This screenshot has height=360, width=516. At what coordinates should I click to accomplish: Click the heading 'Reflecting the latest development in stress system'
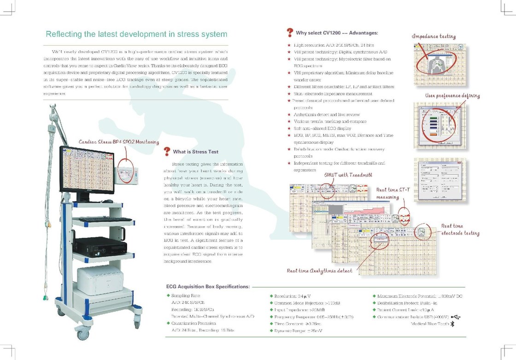point(136,35)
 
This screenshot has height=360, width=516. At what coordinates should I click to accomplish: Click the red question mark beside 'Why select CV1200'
point(290,32)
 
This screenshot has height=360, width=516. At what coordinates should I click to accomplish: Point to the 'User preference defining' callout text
point(452,96)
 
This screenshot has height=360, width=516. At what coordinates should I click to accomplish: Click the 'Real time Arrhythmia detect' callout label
point(319,271)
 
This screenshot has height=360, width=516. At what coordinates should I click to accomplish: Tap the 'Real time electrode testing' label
point(460,230)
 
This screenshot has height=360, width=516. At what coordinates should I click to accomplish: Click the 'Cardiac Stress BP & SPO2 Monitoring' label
point(118,142)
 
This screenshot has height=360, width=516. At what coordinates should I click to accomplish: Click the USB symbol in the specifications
point(455,317)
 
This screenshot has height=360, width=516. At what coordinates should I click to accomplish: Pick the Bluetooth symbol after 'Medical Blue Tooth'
point(452,324)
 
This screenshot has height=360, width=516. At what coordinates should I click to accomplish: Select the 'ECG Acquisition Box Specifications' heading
point(208,286)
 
